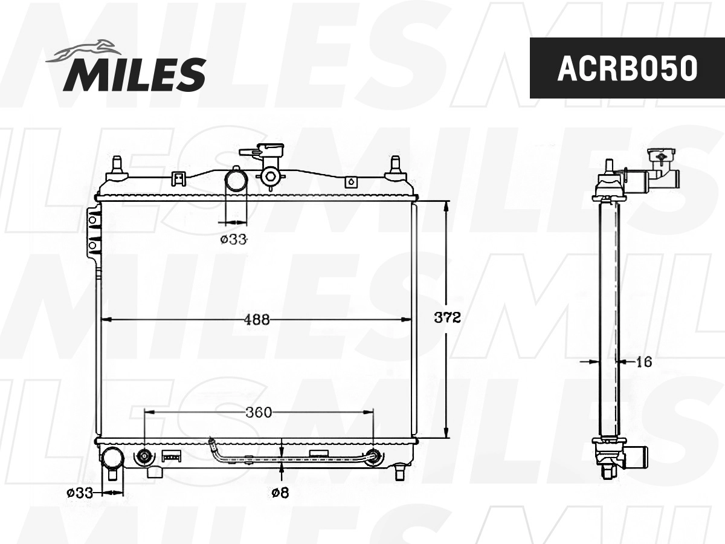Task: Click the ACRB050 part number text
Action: tap(627, 68)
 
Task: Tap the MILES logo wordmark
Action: tap(134, 74)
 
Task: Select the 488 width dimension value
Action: tap(257, 320)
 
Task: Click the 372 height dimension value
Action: tap(448, 317)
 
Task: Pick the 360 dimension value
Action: tap(259, 412)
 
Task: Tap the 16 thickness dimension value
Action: tap(644, 361)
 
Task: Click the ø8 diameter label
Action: tap(280, 493)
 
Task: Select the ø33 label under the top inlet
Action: tap(234, 239)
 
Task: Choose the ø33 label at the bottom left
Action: tap(80, 493)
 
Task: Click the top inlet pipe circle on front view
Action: tap(236, 180)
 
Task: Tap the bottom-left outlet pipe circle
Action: tap(112, 458)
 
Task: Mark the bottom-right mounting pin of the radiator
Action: tap(399, 471)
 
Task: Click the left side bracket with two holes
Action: tap(94, 233)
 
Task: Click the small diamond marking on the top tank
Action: tap(350, 181)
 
